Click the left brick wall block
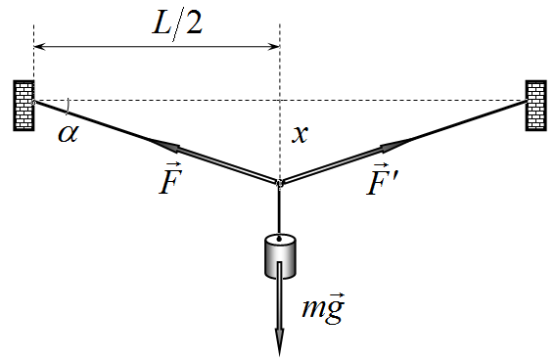click(x=23, y=106)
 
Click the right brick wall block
click(x=536, y=106)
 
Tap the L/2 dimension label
click(x=177, y=25)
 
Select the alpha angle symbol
click(x=68, y=134)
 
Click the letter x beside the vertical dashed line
click(x=300, y=134)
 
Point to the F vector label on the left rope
click(x=170, y=179)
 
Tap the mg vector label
click(x=323, y=308)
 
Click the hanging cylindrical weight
click(x=280, y=256)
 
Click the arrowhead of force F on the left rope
click(x=164, y=146)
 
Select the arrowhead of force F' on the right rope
click(x=395, y=146)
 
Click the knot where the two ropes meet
click(x=280, y=183)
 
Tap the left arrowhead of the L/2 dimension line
click(x=39, y=47)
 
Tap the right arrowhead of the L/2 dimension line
click(x=274, y=47)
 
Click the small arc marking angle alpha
click(x=68, y=107)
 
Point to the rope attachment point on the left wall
click(x=33, y=102)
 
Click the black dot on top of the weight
click(x=280, y=240)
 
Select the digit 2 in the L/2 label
click(x=194, y=24)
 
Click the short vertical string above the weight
click(x=280, y=211)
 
